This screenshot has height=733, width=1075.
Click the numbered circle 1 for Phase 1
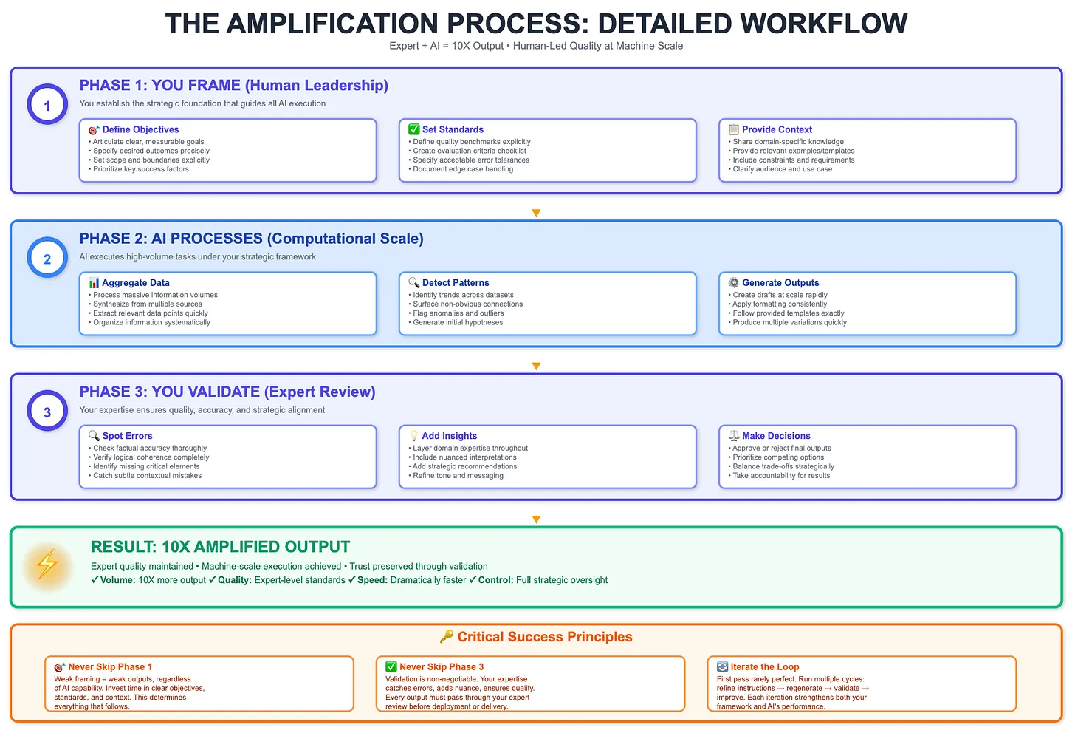point(47,105)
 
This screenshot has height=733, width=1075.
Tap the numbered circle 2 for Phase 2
point(47,259)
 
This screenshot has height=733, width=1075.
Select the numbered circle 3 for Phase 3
point(47,412)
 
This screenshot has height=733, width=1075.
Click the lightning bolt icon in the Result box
point(48,565)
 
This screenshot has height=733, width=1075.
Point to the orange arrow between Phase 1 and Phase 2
point(536,213)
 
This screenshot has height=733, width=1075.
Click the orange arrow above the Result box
point(536,519)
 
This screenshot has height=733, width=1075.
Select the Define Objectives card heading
point(140,129)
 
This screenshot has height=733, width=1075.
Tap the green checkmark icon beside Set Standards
point(413,129)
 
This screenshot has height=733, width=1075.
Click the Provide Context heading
point(777,129)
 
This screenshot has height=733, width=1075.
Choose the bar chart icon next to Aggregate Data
point(94,283)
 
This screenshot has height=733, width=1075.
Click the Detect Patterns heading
point(456,283)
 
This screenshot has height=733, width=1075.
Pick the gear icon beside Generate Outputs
point(733,283)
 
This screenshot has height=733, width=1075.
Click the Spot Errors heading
point(127,436)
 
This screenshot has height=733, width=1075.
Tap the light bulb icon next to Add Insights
point(413,436)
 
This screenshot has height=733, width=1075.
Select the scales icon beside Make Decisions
point(733,436)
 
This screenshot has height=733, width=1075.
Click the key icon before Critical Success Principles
point(447,637)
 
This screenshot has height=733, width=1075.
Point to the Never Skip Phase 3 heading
point(442,666)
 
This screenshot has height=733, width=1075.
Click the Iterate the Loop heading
point(764,666)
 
